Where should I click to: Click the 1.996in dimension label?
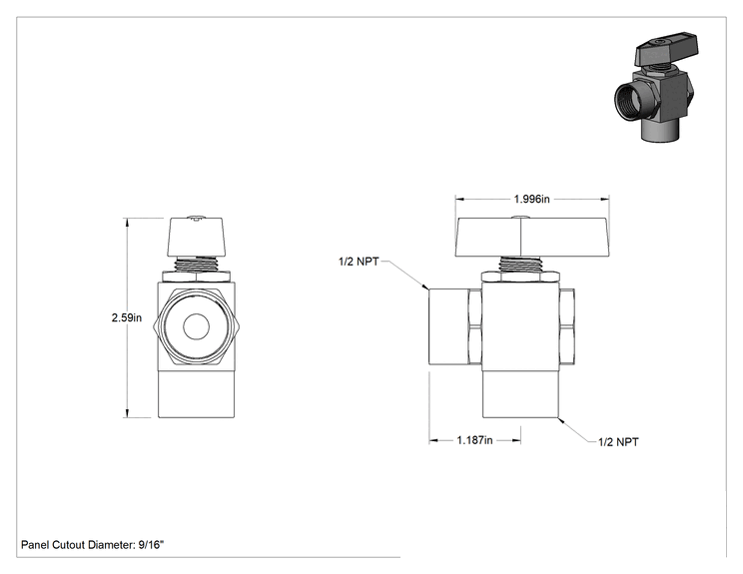pyautogui.click(x=531, y=199)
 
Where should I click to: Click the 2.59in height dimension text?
pyautogui.click(x=127, y=317)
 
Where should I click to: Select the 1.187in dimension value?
pyautogui.click(x=474, y=440)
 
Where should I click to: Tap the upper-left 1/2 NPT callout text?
pyautogui.click(x=359, y=262)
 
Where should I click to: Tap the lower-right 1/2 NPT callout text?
pyautogui.click(x=618, y=442)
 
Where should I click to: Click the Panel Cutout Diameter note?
pyautogui.click(x=93, y=545)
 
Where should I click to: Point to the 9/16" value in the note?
pyautogui.click(x=151, y=545)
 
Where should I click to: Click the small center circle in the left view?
pyautogui.click(x=196, y=326)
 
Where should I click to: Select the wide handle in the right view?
pyautogui.click(x=532, y=237)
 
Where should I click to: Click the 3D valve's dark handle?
pyautogui.click(x=667, y=49)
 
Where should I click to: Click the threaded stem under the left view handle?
pyautogui.click(x=196, y=265)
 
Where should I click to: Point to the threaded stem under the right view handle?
pyautogui.click(x=520, y=265)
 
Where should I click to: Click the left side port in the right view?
pyautogui.click(x=448, y=326)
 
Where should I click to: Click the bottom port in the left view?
pyautogui.click(x=196, y=394)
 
